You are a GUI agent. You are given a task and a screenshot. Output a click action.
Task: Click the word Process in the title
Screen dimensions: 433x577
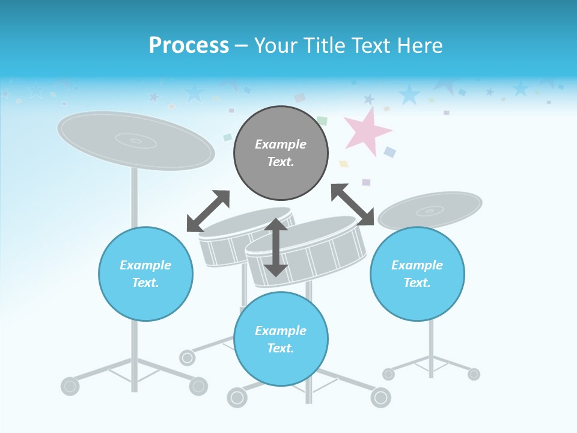click(x=189, y=45)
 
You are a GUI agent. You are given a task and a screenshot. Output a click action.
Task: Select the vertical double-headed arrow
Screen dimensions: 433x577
click(x=276, y=247)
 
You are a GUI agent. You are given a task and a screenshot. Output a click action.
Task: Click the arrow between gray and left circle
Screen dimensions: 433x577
click(x=208, y=211)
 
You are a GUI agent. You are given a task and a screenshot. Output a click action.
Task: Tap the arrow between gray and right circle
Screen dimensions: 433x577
click(x=352, y=204)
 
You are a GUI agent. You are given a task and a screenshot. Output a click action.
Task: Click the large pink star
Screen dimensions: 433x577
click(x=367, y=131)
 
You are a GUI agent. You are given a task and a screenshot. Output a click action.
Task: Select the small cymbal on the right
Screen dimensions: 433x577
click(x=430, y=210)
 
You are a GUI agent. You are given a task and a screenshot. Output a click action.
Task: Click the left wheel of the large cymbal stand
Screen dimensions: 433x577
click(x=70, y=385)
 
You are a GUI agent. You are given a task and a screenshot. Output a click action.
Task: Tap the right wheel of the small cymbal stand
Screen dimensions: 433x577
click(x=474, y=374)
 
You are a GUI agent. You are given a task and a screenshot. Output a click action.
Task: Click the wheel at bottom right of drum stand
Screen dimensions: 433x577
click(x=380, y=397)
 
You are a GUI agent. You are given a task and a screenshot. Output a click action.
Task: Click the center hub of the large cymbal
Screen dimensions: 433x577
click(x=136, y=141)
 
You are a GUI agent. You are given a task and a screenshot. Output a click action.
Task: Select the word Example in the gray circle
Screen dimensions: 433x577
click(x=281, y=144)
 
